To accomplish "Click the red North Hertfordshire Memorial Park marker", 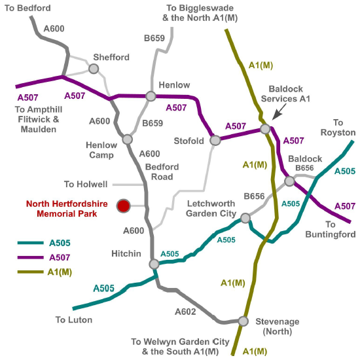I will click(x=122, y=206).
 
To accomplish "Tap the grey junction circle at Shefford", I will click(x=94, y=69).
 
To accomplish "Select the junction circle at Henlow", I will click(x=151, y=96).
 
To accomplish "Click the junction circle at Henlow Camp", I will click(x=127, y=139).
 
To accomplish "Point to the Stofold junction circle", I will click(x=215, y=140).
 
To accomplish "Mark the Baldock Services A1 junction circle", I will click(x=265, y=129).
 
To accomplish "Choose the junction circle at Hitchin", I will click(x=154, y=264).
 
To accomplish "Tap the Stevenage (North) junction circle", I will click(x=243, y=321).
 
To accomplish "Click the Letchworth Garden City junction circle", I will click(x=245, y=218).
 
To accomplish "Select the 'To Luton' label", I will click(x=74, y=320).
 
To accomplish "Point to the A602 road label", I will click(x=185, y=312).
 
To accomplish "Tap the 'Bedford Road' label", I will click(x=158, y=171).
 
